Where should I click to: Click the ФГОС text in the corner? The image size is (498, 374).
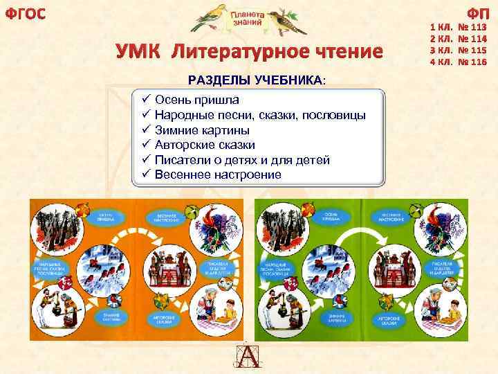click(26, 15)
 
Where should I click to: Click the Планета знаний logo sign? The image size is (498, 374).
click(247, 19)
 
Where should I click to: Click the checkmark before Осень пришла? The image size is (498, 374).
click(146, 100)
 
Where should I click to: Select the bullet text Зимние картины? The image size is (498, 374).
click(202, 130)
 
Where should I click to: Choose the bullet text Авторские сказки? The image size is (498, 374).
click(205, 145)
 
